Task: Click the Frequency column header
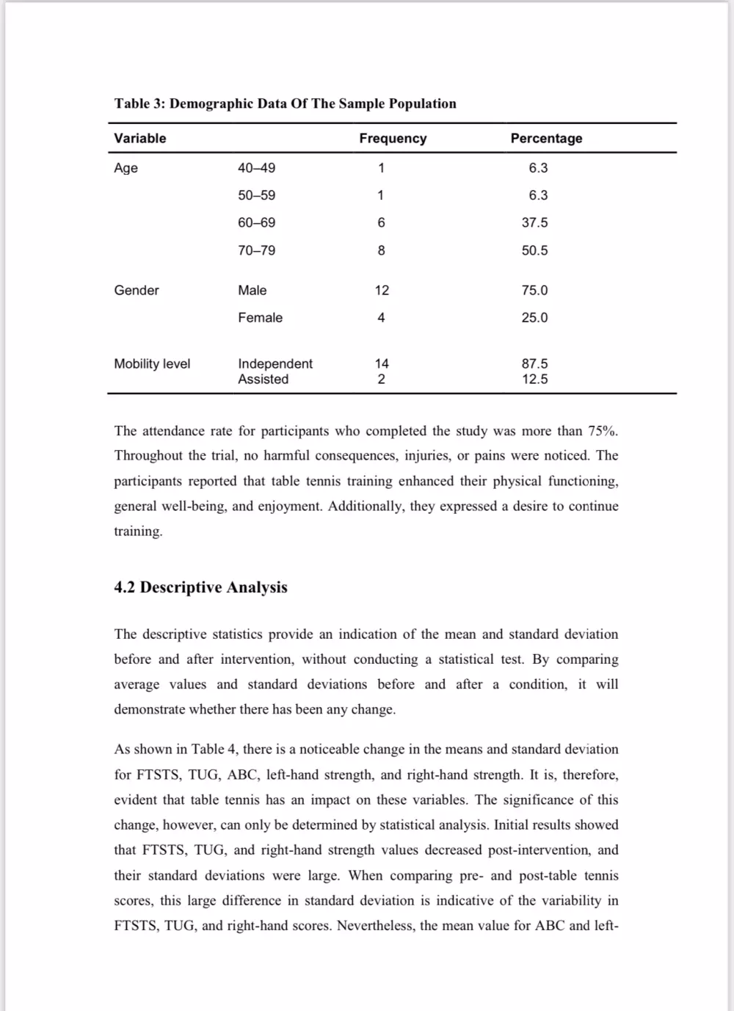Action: [393, 138]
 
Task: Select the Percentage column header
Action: [546, 138]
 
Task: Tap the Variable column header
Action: [140, 138]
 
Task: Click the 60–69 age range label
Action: [257, 222]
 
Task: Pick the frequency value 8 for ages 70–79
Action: [381, 250]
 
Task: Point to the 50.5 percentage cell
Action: [534, 250]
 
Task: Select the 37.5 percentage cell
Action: [534, 222]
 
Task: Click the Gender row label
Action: [137, 290]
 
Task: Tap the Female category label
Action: [260, 317]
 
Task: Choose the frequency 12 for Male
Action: [382, 290]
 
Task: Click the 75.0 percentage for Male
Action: [534, 290]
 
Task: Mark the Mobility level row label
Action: [152, 363]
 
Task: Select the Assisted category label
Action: [263, 379]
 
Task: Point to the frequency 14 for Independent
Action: [382, 363]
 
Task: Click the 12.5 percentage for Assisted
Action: [534, 379]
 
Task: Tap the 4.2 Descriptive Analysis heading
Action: [200, 587]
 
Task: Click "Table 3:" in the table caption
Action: [139, 104]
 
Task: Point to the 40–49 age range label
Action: [257, 167]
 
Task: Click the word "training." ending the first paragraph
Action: [138, 532]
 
